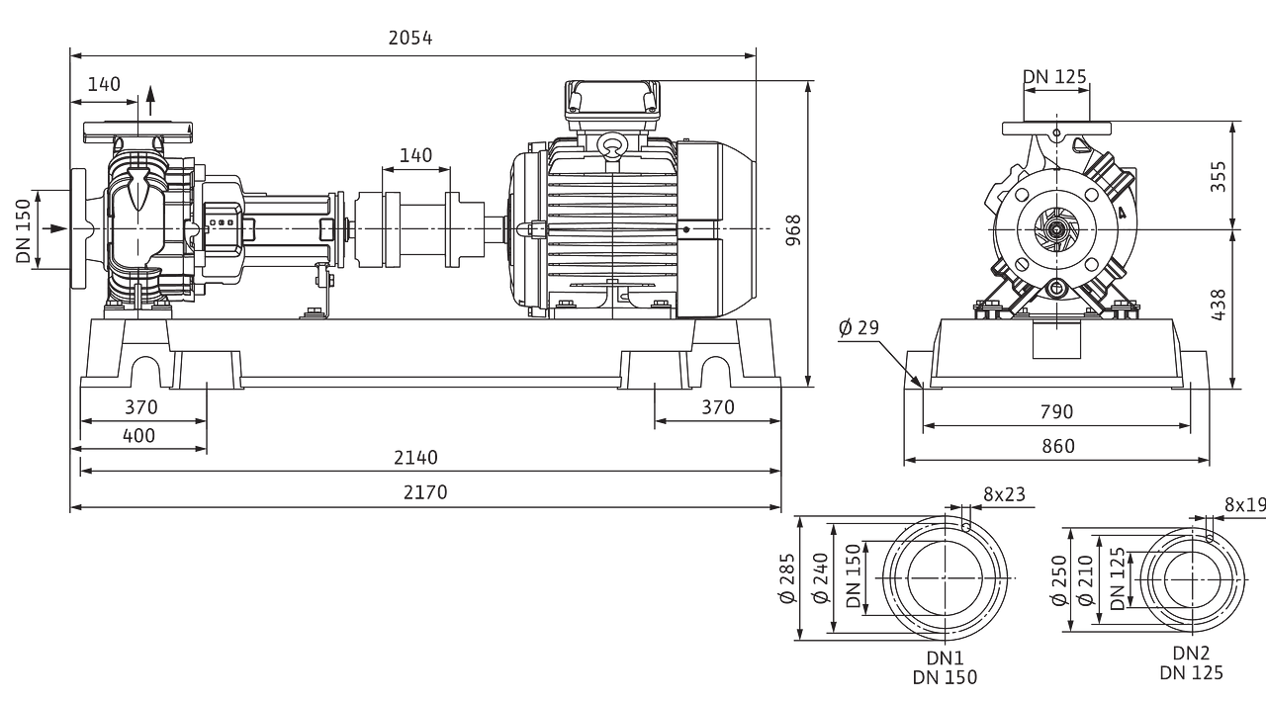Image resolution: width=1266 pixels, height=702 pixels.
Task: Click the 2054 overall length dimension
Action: (410, 38)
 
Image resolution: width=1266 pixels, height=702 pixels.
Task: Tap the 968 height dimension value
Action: (794, 230)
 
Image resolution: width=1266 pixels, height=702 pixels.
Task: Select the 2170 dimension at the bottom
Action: (425, 492)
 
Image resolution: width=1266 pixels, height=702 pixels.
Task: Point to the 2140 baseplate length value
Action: (416, 457)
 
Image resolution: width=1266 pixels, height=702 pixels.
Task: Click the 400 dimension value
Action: (138, 436)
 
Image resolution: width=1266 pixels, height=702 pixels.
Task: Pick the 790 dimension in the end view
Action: (1056, 411)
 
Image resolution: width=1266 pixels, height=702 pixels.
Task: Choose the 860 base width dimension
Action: (1058, 447)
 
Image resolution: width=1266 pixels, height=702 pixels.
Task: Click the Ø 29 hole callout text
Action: (859, 327)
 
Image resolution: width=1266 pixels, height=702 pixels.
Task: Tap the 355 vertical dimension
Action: (1219, 176)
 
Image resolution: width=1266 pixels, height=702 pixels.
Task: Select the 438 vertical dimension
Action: (1219, 306)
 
